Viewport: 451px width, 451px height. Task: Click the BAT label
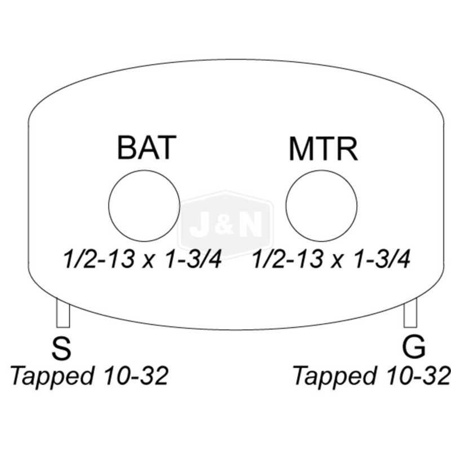147,148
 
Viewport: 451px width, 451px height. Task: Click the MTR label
323,149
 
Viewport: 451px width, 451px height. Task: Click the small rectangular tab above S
63,313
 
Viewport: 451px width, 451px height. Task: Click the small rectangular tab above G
410,313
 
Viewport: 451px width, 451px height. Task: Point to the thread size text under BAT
141,260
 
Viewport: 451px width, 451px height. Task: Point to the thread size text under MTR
330,260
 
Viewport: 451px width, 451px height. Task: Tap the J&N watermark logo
225,225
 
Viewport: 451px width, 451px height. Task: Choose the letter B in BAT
127,148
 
